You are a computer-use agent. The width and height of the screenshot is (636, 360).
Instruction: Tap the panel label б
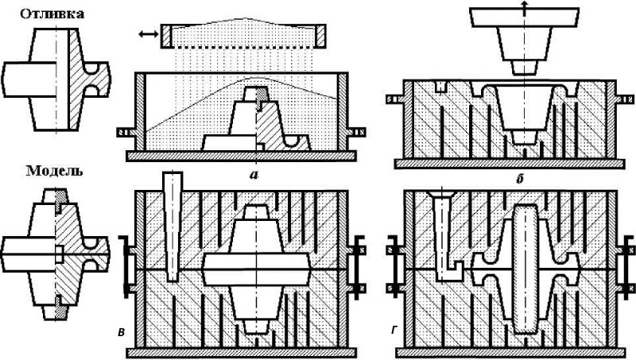tap(518, 179)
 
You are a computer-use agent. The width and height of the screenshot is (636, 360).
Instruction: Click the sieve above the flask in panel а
tap(244, 34)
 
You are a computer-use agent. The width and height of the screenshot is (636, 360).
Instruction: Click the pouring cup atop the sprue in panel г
tap(440, 194)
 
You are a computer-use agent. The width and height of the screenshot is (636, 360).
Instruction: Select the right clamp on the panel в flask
tap(359, 261)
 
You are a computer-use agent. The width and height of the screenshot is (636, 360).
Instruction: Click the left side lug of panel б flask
tap(394, 100)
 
